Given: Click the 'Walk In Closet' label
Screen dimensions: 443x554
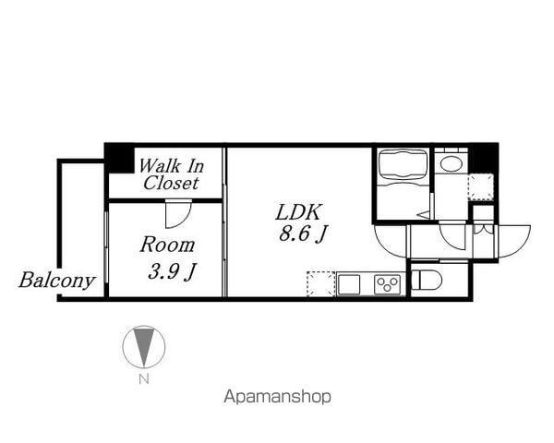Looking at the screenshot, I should pos(170,174).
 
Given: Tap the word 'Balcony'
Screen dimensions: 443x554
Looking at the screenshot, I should pos(57,281).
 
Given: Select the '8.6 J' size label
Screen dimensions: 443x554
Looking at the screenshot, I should pos(303,235).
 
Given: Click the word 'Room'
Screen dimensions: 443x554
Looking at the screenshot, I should pos(167,245).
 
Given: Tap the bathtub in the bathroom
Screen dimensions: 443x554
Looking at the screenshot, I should pos(403,167).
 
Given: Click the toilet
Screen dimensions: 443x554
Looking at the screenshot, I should pos(426,280).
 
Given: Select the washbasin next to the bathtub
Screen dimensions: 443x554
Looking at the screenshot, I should pos(452,164).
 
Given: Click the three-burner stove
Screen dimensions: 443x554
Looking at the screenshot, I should pos(388,284).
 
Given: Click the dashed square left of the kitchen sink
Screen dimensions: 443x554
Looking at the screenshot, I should pos(319,284).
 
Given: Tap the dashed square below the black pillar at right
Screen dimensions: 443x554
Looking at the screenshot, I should pos(480,187).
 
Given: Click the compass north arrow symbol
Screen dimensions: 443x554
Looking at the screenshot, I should pos(143,347).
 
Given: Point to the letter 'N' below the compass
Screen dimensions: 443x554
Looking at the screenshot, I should pos(143,378).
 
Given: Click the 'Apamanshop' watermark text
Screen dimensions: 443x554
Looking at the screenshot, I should pos(277,397).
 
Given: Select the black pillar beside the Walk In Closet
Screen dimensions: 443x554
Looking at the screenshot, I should pos(119,156).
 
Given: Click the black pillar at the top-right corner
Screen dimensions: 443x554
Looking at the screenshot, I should pos(483,157).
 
